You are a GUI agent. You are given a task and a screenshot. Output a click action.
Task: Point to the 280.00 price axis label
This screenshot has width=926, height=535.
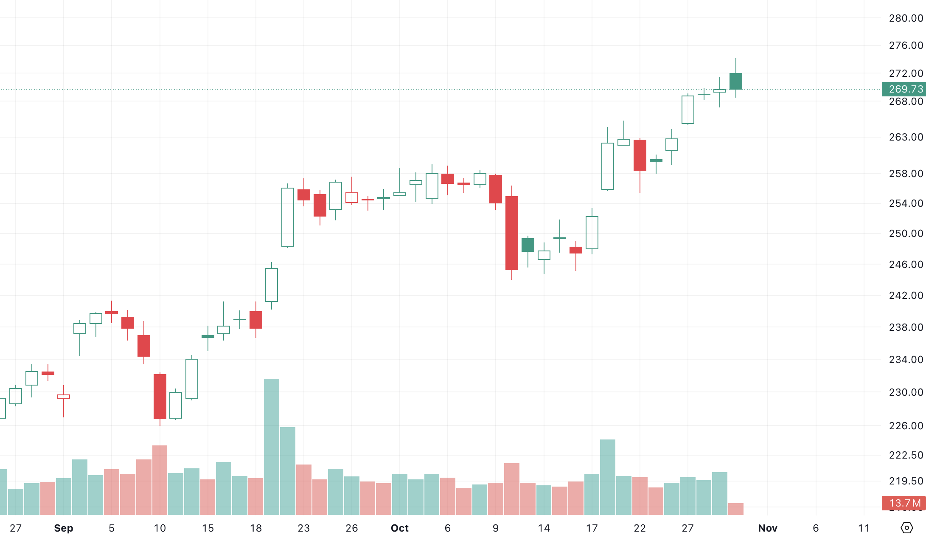(x=906, y=18)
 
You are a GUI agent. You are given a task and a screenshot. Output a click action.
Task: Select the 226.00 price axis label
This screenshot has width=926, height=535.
(x=906, y=426)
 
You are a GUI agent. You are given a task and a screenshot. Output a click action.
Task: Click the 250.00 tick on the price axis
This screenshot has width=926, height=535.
(x=906, y=234)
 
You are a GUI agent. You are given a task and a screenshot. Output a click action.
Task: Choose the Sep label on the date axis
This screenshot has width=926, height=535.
(x=64, y=528)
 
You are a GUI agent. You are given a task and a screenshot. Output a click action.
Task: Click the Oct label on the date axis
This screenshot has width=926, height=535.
(x=399, y=528)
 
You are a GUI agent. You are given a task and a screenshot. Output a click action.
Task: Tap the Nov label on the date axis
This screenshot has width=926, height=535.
(x=767, y=528)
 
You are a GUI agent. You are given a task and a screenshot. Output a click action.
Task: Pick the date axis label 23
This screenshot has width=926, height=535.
(x=304, y=528)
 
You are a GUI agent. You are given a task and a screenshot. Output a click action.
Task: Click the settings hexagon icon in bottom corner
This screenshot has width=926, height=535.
(x=906, y=528)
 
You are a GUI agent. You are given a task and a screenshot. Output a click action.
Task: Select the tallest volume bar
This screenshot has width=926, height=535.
(x=272, y=447)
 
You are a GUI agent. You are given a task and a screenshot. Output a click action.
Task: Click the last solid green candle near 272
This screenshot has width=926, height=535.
(x=736, y=81)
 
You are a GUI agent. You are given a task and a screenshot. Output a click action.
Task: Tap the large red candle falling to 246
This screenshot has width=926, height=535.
(x=512, y=233)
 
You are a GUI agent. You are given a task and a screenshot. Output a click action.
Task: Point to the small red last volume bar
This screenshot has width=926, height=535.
(x=736, y=509)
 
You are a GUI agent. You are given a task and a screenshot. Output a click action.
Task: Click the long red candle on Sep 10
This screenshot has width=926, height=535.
(x=160, y=396)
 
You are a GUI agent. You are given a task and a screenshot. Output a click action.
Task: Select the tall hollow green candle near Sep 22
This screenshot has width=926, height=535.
(x=288, y=217)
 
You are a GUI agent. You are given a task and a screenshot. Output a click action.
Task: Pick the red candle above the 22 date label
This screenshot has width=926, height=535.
(x=640, y=155)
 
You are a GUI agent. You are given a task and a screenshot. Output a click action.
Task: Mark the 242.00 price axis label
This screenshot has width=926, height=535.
(x=906, y=296)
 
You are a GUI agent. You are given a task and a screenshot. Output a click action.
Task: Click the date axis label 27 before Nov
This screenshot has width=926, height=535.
(x=687, y=528)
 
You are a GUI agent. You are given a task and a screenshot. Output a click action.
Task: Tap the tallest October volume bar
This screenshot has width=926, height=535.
(x=608, y=477)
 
